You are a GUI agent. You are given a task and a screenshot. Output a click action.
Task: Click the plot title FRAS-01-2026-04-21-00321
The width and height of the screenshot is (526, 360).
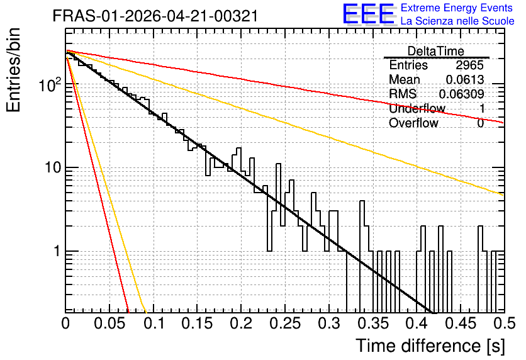click(155, 16)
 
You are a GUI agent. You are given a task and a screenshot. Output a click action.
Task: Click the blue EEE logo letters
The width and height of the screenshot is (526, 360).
click(368, 14)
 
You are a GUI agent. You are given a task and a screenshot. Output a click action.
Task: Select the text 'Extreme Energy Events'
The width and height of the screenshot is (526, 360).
click(457, 8)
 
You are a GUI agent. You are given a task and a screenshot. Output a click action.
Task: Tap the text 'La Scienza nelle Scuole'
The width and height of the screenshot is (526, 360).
click(457, 21)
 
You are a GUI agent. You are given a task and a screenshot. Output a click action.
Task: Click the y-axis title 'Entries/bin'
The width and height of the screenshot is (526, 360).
click(13, 70)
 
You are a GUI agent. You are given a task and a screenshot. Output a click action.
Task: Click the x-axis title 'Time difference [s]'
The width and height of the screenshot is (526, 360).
click(430, 346)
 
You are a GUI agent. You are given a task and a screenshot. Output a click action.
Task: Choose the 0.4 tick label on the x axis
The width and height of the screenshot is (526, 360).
click(417, 323)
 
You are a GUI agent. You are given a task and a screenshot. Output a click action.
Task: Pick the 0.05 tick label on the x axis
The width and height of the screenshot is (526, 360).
click(109, 323)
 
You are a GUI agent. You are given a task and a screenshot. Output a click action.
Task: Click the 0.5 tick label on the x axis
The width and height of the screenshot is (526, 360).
click(504, 323)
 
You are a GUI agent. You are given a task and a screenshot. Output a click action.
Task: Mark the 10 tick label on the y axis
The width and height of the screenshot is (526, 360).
click(53, 167)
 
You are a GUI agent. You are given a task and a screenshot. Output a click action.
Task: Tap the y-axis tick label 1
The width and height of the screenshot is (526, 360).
click(57, 251)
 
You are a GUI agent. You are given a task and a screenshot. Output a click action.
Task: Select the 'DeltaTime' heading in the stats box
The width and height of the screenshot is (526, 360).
click(436, 51)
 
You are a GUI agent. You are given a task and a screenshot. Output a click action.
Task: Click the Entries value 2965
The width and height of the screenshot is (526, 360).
click(469, 65)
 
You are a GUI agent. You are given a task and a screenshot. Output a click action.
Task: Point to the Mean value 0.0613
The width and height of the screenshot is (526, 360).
click(465, 79)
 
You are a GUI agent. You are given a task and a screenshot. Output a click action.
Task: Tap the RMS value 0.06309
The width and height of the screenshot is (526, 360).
click(462, 94)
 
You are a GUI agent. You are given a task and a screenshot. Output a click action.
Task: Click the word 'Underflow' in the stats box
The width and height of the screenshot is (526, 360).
click(417, 108)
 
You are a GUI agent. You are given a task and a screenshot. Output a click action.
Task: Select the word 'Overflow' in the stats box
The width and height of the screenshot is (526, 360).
click(413, 123)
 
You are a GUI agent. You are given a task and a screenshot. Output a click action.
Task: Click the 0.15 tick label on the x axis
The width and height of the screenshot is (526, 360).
click(198, 323)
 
